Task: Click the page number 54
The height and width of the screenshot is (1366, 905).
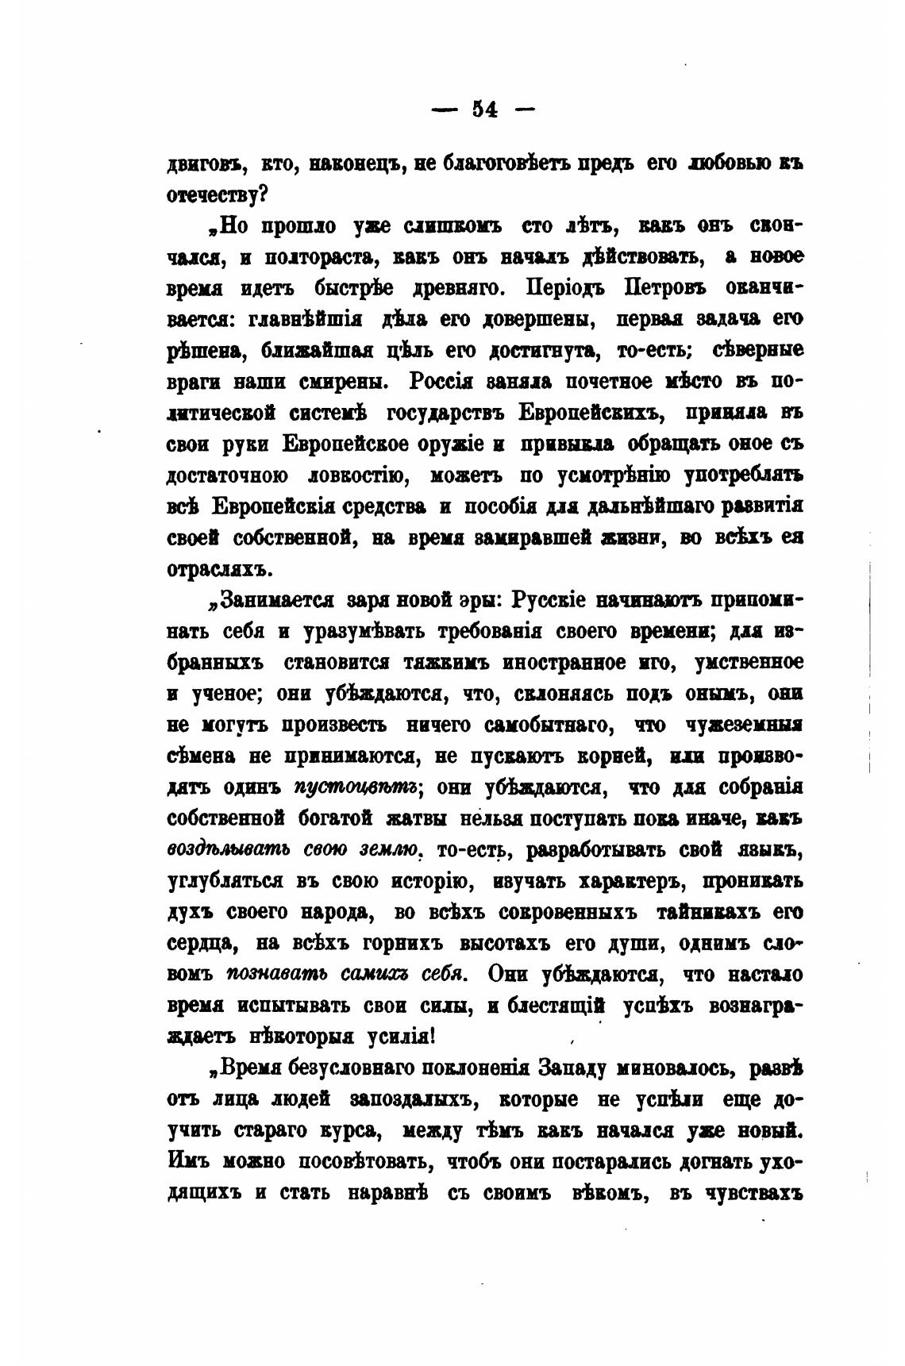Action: tap(483, 110)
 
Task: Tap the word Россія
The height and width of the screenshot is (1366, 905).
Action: tap(441, 382)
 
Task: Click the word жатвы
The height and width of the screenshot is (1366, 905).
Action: tap(415, 819)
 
